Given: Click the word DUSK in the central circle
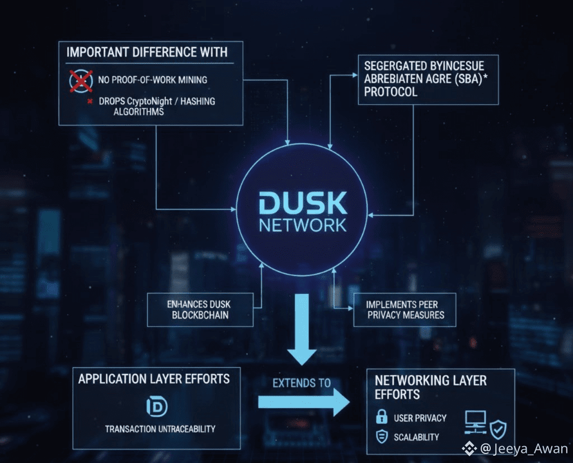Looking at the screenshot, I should pos(302,203).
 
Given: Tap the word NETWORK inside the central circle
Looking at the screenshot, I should pos(302,225).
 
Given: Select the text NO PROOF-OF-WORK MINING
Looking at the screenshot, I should pos(152,80).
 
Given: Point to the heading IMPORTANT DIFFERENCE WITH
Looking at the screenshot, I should pos(147,52).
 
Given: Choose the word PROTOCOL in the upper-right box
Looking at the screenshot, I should pos(391,92).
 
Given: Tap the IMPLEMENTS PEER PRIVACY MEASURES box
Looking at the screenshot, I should pos(405,310).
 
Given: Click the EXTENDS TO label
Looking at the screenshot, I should pos(302,384).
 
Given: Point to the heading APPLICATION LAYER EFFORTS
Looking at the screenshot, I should pos(154,379).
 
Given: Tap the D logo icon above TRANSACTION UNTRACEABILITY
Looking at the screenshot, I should pos(156,407).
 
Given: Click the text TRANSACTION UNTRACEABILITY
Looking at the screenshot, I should pos(160,429).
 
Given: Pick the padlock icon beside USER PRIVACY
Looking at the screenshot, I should pos(382,417).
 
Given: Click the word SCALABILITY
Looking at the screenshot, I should pos(416,437).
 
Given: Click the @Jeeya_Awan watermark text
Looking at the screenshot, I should pos(516,448).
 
